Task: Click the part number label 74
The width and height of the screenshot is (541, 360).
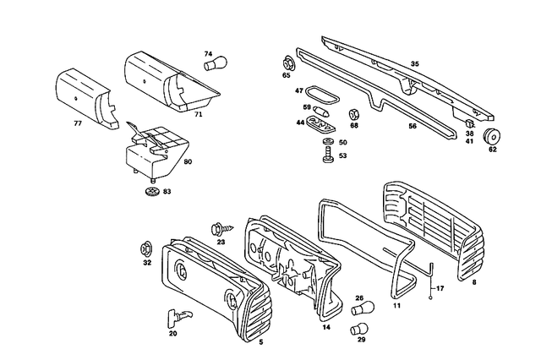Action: click(x=208, y=54)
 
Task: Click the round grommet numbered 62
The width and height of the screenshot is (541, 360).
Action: click(x=489, y=137)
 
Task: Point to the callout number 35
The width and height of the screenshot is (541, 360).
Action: click(x=414, y=64)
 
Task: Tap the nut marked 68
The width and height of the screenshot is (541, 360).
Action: click(x=355, y=112)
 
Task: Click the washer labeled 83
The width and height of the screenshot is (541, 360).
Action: click(x=152, y=192)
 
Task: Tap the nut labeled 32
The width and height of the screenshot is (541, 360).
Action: click(x=146, y=248)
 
